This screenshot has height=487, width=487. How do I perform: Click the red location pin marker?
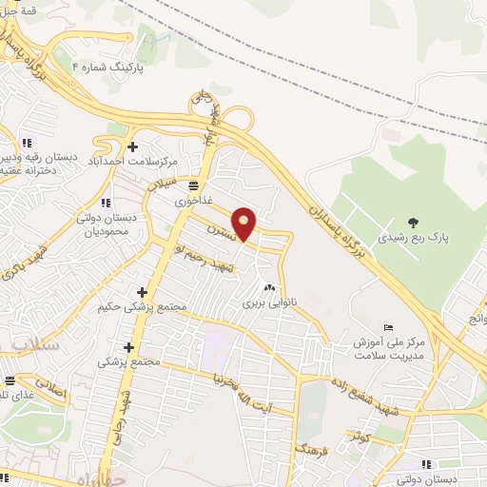(x=244, y=223)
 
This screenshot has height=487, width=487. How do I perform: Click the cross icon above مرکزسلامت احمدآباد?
(x=131, y=146)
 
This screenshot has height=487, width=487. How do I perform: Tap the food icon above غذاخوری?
(x=194, y=185)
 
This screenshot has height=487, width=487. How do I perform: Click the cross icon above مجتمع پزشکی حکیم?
(x=142, y=292)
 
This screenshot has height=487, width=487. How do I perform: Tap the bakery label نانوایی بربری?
(x=270, y=303)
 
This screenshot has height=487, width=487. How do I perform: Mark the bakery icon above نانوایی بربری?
(x=269, y=288)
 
